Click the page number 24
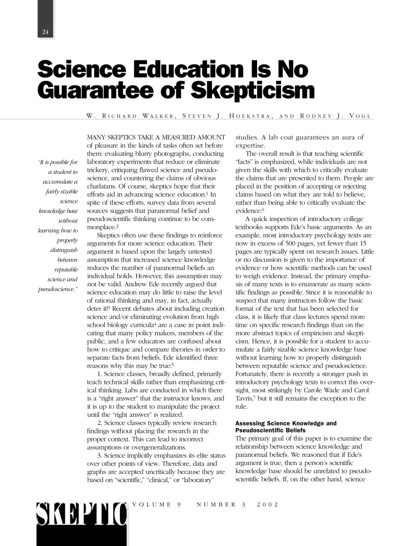tap(46, 32)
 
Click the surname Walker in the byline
tap(158, 116)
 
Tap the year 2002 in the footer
tap(267, 505)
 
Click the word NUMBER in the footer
tap(216, 505)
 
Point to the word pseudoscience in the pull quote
tap(56, 289)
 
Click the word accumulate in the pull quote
tap(60, 182)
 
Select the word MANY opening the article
tap(96, 137)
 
